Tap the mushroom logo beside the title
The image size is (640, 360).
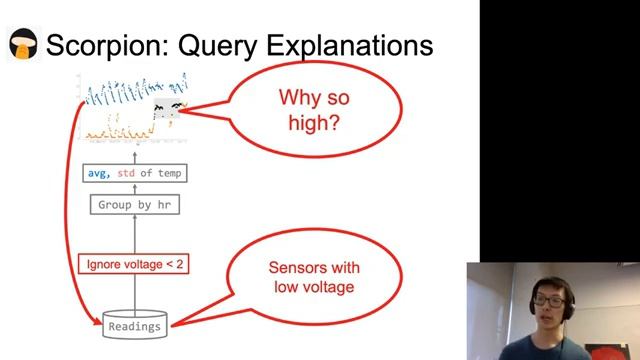(x=22, y=46)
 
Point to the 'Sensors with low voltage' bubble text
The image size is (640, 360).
(x=314, y=278)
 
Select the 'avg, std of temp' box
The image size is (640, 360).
(x=135, y=173)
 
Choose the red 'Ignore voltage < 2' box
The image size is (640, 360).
(x=133, y=265)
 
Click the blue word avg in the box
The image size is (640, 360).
(x=99, y=173)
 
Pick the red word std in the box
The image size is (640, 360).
(x=127, y=173)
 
